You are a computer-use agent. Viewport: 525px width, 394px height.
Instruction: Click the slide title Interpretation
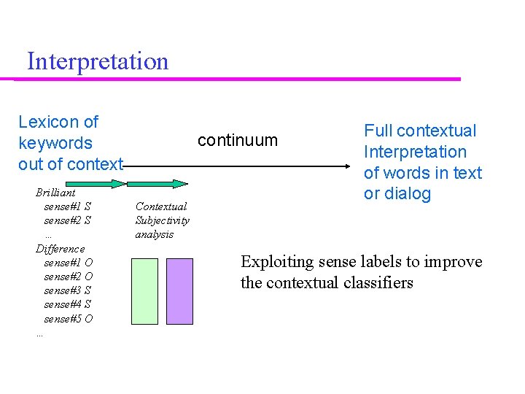coord(98,61)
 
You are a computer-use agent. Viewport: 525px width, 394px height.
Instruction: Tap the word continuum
coord(238,140)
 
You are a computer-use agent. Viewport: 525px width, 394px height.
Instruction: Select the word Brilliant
coord(55,193)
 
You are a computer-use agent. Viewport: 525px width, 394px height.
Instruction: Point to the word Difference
coord(61,249)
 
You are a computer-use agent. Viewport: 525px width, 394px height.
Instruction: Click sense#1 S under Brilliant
coord(67,206)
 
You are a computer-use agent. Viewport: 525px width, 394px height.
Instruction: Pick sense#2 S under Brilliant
coord(67,220)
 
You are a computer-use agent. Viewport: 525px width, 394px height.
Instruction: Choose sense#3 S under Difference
coord(67,290)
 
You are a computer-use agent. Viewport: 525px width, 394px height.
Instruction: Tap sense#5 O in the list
coord(68,319)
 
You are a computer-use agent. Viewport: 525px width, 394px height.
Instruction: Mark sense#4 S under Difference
coord(67,304)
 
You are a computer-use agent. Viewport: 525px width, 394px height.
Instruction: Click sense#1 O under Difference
coord(68,263)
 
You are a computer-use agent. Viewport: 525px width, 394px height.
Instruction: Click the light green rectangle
coord(144,291)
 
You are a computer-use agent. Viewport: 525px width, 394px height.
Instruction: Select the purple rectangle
coord(179,291)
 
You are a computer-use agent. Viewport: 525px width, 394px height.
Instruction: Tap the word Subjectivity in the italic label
coord(162,220)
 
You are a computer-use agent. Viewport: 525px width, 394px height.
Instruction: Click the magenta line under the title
coord(241,79)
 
